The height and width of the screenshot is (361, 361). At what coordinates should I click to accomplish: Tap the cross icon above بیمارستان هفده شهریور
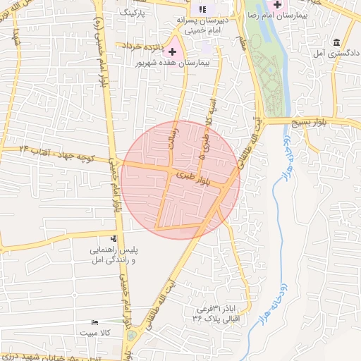172,51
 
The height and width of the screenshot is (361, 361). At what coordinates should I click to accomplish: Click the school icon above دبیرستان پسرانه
203,9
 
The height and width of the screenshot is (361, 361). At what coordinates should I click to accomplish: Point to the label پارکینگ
133,13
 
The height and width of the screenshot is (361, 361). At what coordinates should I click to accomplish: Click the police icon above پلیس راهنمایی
114,238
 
